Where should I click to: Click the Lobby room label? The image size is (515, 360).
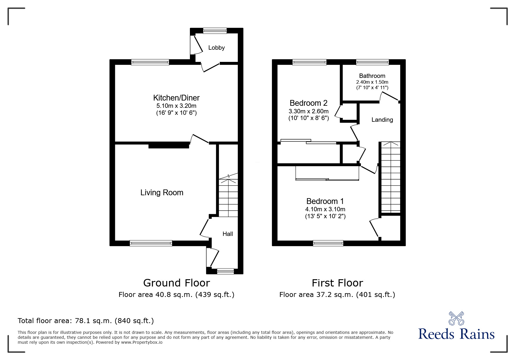point(216,48)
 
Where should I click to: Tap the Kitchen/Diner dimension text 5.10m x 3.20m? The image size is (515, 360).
point(176,106)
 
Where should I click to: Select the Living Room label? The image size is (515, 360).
point(162,193)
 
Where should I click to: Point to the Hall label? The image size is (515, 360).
point(228,234)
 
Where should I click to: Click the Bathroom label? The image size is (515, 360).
point(372,76)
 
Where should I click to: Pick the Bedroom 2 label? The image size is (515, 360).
point(309,103)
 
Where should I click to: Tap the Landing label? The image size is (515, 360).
point(382,120)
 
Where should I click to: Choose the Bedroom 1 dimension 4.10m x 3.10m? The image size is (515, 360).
point(325,209)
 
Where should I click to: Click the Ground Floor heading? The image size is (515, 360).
point(177,283)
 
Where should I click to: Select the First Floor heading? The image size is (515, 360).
point(337,283)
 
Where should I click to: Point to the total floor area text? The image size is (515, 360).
point(86,321)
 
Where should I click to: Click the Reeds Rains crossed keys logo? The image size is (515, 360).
point(456,318)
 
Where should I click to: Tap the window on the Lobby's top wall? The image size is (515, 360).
point(215,31)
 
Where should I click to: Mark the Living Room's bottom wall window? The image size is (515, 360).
point(151,243)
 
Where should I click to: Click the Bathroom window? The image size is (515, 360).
point(372,62)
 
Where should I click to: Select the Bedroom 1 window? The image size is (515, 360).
point(328,243)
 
